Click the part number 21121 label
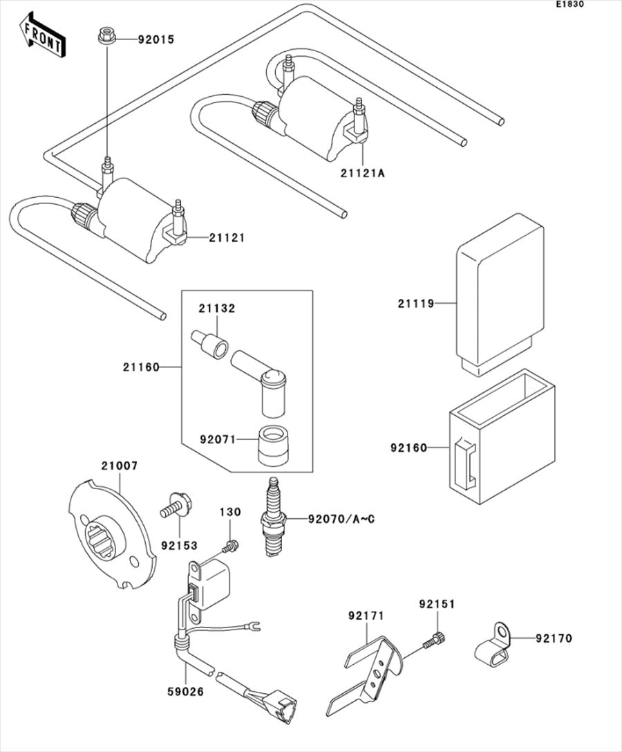pyautogui.click(x=227, y=238)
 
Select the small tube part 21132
pyautogui.click(x=209, y=344)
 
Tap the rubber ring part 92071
pyautogui.click(x=273, y=447)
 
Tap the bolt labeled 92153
pyautogui.click(x=172, y=504)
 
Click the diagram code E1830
pyautogui.click(x=571, y=5)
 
